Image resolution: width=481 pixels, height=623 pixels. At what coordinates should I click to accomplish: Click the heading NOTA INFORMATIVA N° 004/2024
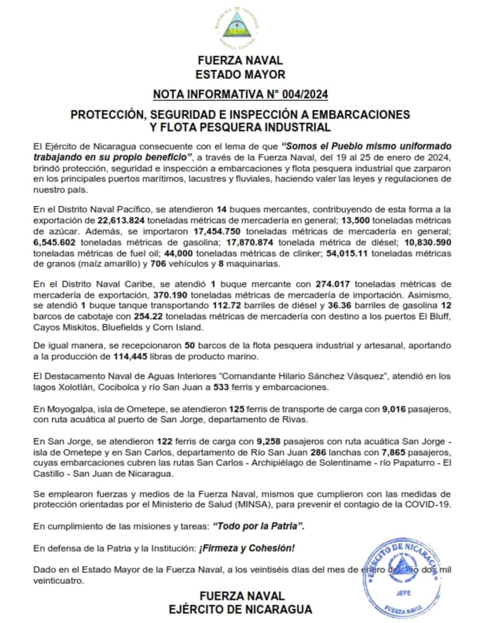[240, 94]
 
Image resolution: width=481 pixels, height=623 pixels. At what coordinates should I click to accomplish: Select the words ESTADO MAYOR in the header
[240, 75]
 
